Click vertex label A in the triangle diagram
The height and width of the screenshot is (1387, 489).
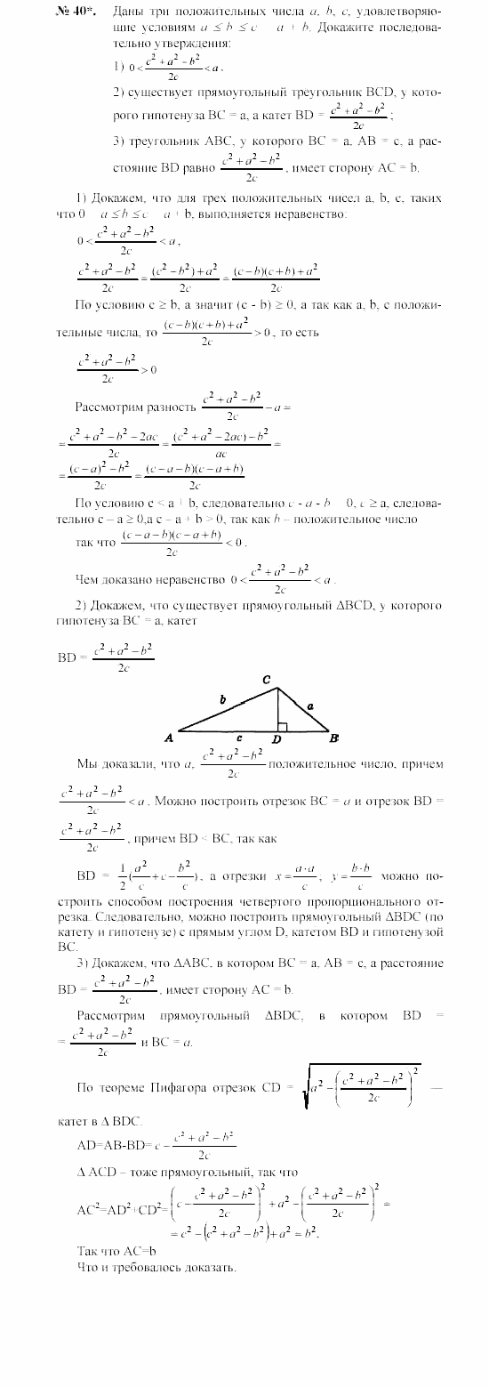click(169, 738)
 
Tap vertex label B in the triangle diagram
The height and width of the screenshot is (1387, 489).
click(333, 738)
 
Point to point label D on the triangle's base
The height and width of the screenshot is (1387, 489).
click(277, 739)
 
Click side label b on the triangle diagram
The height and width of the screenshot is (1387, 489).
click(222, 699)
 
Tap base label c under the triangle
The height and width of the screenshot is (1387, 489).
click(240, 738)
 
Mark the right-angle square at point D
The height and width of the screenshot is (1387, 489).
click(281, 725)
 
